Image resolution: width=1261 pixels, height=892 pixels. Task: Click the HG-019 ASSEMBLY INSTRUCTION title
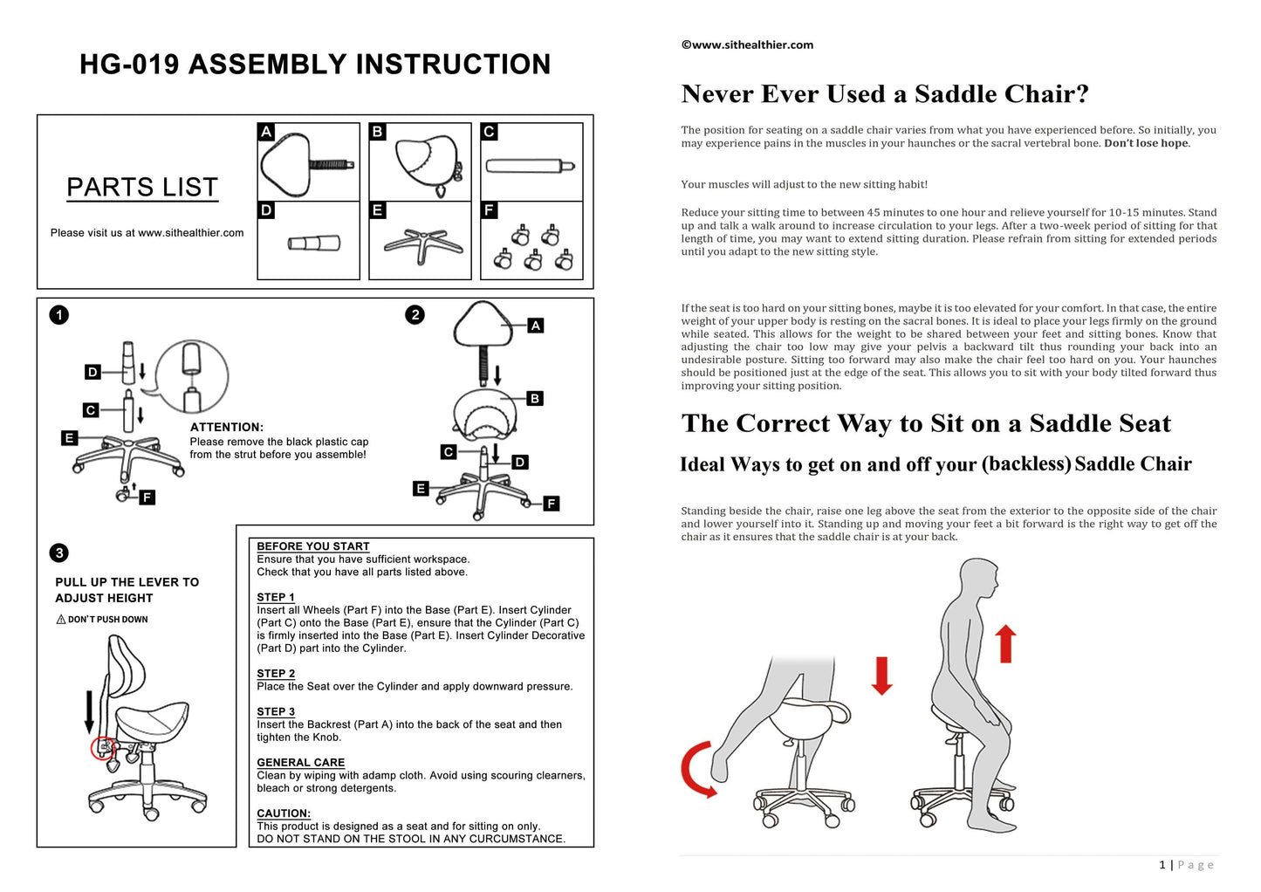[315, 65]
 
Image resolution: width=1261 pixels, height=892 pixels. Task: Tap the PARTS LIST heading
[142, 188]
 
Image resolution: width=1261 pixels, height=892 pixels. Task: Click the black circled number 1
[59, 315]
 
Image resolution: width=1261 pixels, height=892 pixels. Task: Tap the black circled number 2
[415, 315]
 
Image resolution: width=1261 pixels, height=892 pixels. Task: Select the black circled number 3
[59, 552]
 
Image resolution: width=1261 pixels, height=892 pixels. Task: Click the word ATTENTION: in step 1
[227, 428]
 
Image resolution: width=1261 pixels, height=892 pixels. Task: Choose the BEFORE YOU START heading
[313, 546]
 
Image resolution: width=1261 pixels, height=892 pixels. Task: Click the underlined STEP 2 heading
[276, 674]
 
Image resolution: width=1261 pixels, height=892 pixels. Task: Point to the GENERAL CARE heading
[301, 763]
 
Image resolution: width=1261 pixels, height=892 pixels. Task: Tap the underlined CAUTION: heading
[284, 813]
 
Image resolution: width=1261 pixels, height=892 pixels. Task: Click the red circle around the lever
[103, 749]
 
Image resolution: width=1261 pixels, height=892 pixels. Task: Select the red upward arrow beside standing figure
[1006, 643]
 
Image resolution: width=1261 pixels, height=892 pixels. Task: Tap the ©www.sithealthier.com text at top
[747, 45]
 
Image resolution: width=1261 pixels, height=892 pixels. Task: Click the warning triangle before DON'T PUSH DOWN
[61, 620]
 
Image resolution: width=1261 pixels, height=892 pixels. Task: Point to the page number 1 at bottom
[1162, 865]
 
